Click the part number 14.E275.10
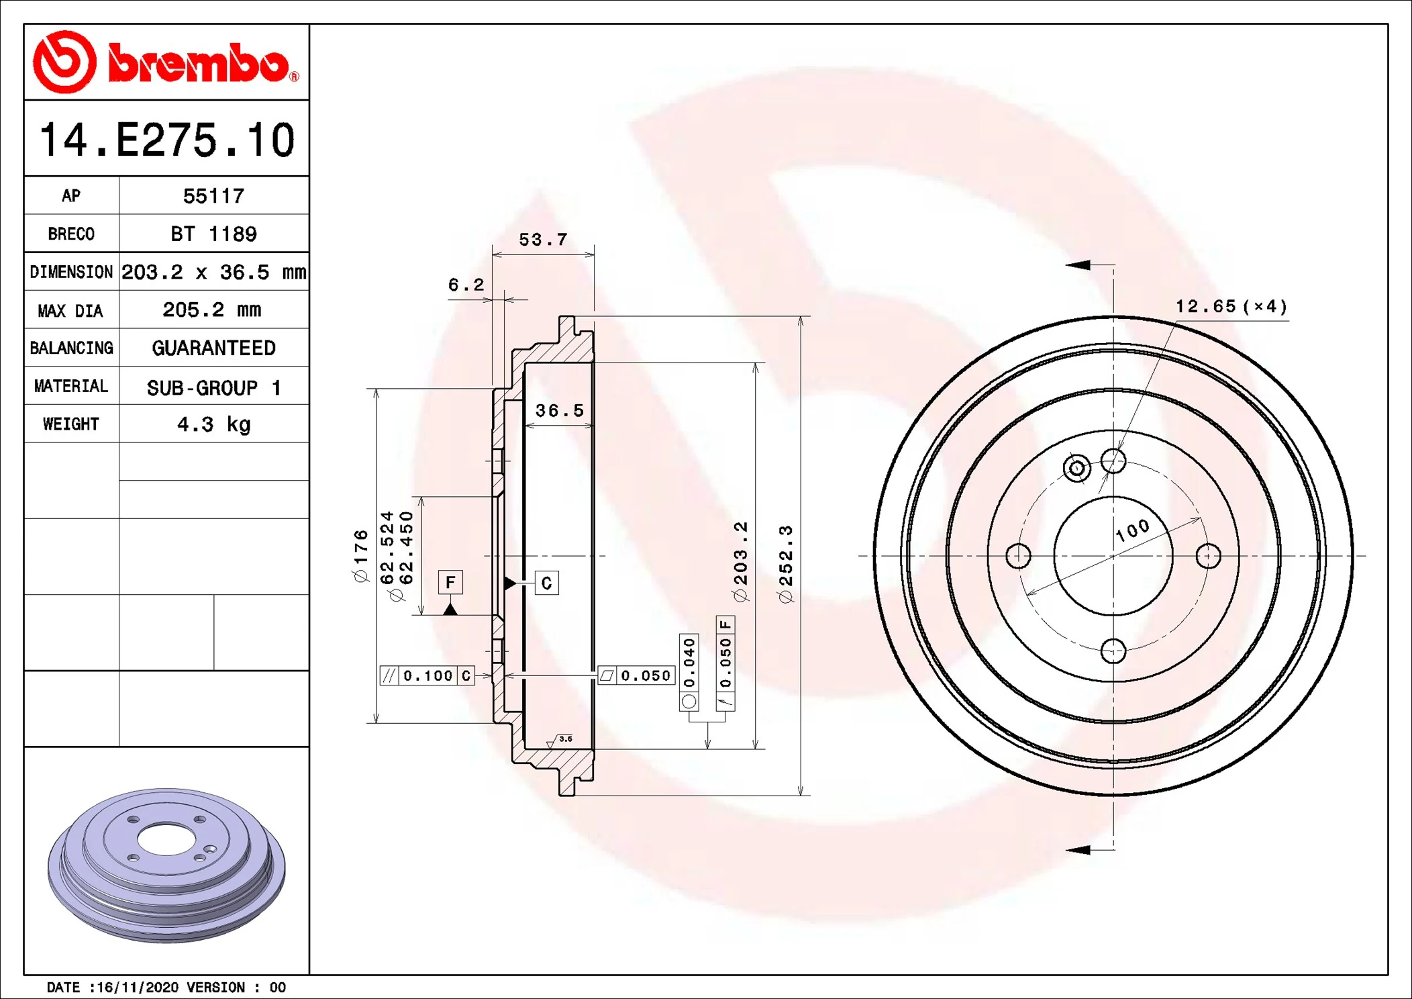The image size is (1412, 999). click(x=167, y=140)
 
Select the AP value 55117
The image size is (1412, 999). click(x=213, y=196)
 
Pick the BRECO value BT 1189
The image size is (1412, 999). click(x=213, y=234)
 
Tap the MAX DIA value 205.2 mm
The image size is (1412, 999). click(x=212, y=310)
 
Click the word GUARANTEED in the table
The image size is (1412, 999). click(x=213, y=348)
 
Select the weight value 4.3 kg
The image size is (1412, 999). click(x=213, y=424)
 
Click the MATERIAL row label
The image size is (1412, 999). click(x=71, y=386)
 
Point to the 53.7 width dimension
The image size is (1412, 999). click(x=543, y=240)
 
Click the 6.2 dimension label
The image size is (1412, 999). click(x=466, y=285)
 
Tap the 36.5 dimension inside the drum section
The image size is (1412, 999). click(x=559, y=410)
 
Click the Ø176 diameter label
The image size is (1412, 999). click(x=361, y=556)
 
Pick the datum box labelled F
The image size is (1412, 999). click(x=450, y=582)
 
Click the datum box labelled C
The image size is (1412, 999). click(x=546, y=583)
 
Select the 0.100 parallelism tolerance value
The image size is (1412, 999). click(x=428, y=675)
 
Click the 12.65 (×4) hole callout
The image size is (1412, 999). click(x=1231, y=307)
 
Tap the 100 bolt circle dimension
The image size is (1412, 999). click(x=1133, y=530)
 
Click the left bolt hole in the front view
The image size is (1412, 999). click(x=1018, y=556)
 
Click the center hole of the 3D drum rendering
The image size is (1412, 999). click(x=165, y=839)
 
